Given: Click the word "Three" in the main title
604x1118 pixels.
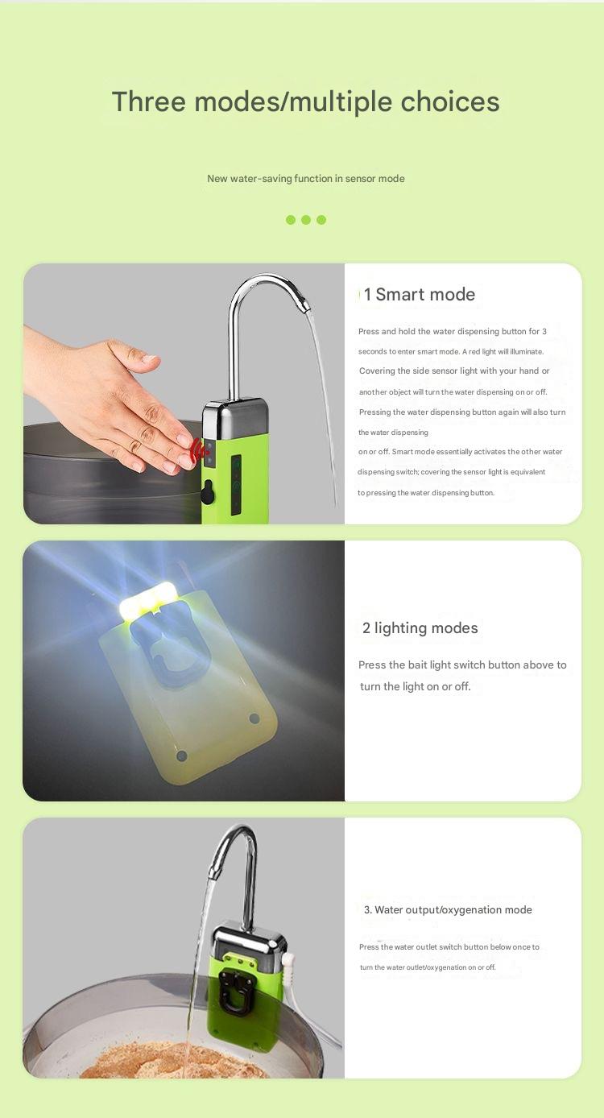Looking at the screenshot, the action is click(x=149, y=101).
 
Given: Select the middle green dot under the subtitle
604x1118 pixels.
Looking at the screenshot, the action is click(x=306, y=220).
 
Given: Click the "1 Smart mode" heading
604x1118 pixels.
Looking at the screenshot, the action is click(x=420, y=295).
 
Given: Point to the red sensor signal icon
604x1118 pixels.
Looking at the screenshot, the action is click(x=199, y=450).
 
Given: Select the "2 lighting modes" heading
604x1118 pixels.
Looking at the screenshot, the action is click(x=420, y=628).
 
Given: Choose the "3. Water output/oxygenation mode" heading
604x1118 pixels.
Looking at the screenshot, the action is click(x=448, y=910).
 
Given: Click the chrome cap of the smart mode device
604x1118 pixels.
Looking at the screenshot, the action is click(x=235, y=418).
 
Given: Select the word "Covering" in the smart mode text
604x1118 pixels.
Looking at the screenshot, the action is click(x=377, y=371).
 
